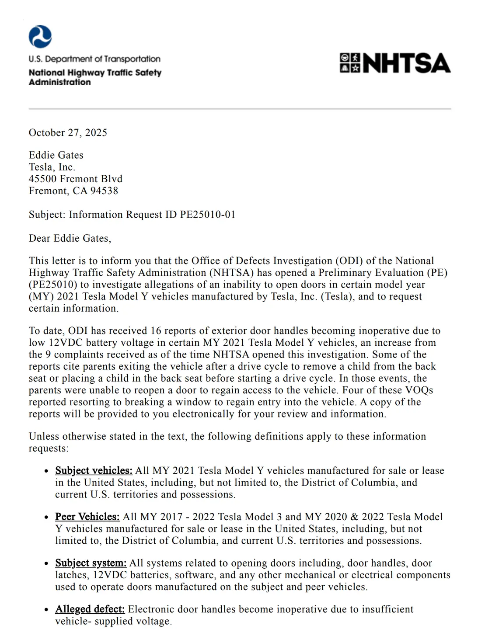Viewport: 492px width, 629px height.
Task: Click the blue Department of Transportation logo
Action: click(40, 37)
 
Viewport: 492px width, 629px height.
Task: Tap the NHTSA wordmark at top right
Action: click(406, 63)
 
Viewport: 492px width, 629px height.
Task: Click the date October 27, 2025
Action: click(68, 132)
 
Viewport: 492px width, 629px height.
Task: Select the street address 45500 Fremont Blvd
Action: click(76, 179)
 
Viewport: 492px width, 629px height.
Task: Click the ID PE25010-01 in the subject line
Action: click(208, 214)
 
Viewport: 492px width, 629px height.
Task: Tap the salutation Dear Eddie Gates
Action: click(70, 238)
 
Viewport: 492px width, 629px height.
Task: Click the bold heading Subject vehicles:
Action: click(94, 471)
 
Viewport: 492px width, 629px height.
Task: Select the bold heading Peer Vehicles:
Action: click(87, 517)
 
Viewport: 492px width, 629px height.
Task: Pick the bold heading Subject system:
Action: click(91, 563)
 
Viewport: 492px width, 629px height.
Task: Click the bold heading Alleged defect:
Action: click(90, 609)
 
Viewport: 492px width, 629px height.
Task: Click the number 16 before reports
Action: click(156, 331)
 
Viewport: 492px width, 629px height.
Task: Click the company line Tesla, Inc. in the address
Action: click(52, 167)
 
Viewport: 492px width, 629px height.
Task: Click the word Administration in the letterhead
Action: click(60, 82)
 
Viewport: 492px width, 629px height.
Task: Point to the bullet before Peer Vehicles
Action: click(46, 518)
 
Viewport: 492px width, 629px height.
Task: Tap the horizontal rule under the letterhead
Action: click(240, 109)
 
